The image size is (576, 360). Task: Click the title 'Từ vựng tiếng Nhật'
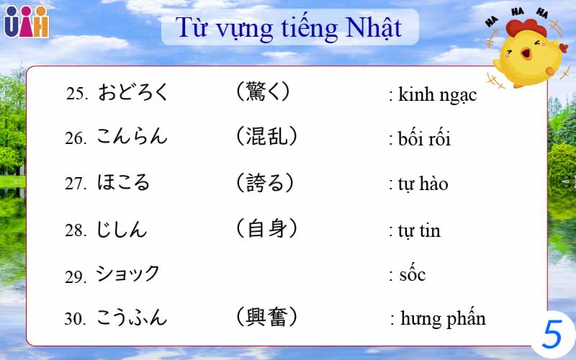point(289,28)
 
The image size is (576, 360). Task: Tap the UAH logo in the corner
point(26,22)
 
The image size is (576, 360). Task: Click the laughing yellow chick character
point(523,50)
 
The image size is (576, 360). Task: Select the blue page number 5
point(552,334)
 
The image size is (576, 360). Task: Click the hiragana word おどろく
point(133,92)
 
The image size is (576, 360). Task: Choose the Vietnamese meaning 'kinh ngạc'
point(437,94)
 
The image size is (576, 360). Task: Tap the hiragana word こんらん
point(132,137)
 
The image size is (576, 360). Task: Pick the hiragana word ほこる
point(123,183)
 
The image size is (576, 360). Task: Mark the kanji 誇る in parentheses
point(265,183)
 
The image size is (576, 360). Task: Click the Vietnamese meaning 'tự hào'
point(423,184)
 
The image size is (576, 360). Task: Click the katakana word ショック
point(127,274)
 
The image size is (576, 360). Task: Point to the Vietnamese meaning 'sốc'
point(412,274)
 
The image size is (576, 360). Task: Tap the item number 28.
point(75,231)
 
